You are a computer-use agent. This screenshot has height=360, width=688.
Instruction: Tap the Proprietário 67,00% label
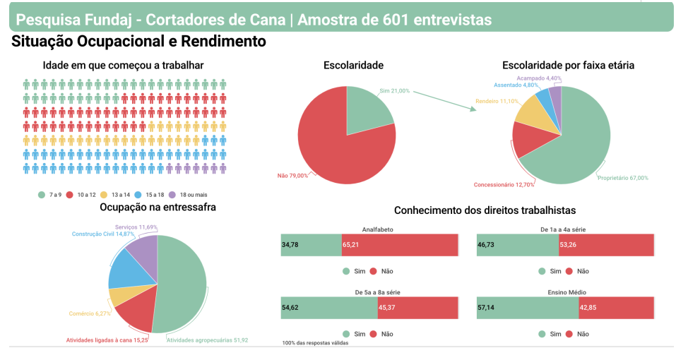point(622,178)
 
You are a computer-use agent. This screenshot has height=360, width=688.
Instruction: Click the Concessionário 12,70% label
point(504,185)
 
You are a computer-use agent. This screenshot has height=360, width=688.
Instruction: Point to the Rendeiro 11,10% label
point(498,102)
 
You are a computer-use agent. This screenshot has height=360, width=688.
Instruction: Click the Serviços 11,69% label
point(136,227)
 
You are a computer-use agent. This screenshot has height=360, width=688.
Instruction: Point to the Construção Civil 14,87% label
point(102,234)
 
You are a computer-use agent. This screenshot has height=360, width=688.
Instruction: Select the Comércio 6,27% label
point(90,313)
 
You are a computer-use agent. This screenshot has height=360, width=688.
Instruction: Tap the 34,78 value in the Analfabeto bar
point(290,244)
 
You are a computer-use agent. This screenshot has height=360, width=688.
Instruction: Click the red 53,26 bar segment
point(607,244)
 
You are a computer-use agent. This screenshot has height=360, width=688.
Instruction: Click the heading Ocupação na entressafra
point(158,207)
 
